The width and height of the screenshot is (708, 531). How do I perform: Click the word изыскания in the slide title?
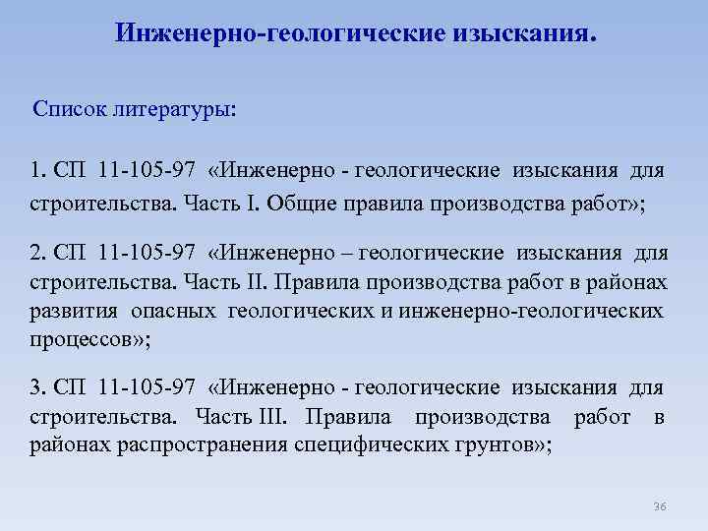pyautogui.click(x=522, y=35)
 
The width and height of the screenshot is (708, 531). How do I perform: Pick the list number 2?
pyautogui.click(x=37, y=255)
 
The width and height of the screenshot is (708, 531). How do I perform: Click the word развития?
pyautogui.click(x=74, y=311)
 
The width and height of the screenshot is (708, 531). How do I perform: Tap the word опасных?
pyautogui.click(x=175, y=311)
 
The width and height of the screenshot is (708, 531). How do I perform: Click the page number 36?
pyautogui.click(x=659, y=506)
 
